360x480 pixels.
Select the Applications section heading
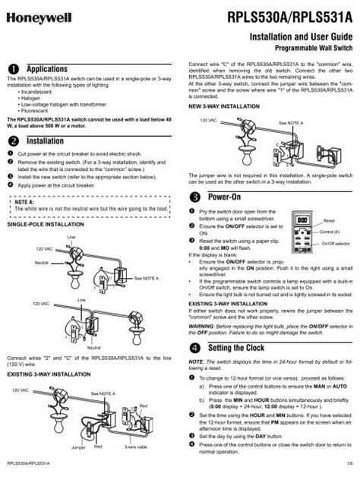click(x=54, y=68)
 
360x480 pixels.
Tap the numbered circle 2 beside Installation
click(x=12, y=141)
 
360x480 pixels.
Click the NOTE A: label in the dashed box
click(x=26, y=201)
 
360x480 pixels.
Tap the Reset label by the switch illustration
click(x=328, y=219)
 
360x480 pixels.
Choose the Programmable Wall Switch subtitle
click(x=311, y=46)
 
